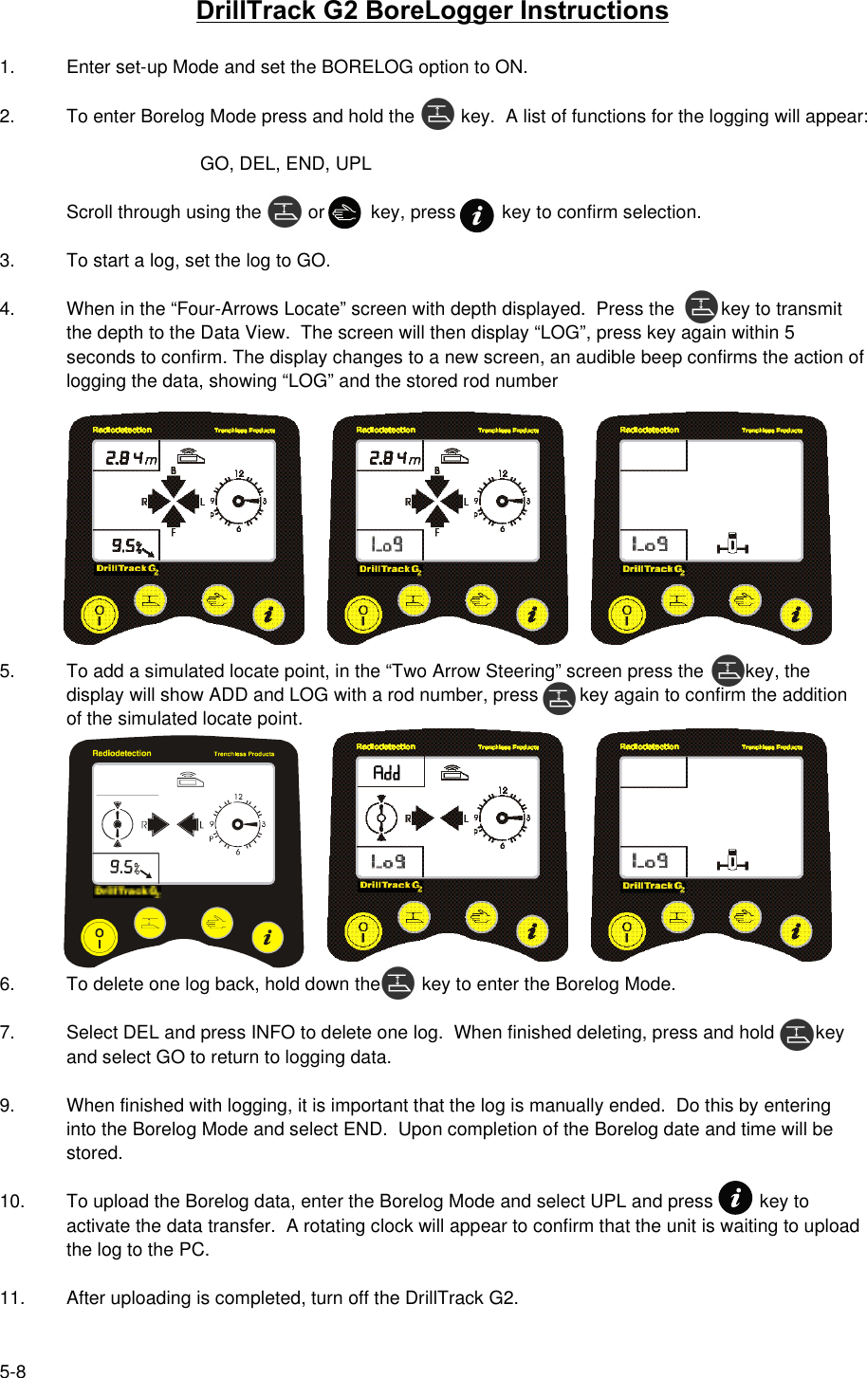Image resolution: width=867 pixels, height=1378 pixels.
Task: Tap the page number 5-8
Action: [x=13, y=1370]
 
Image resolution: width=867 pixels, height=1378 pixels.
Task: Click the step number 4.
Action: [x=7, y=309]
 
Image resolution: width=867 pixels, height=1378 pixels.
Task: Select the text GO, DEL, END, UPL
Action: [x=286, y=164]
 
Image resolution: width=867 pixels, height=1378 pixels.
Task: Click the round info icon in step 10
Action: [x=734, y=1198]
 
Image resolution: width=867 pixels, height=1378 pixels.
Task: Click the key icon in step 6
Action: [x=398, y=983]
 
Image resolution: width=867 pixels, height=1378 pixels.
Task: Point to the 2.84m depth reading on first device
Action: [x=130, y=458]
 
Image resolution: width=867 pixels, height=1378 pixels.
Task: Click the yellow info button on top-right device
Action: [x=795, y=614]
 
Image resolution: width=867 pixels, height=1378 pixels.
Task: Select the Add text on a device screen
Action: [x=387, y=773]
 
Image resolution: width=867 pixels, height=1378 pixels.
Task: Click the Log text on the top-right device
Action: [x=651, y=544]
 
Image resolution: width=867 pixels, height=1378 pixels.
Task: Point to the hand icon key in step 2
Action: [x=344, y=212]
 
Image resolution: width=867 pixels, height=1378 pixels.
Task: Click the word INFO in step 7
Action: [x=273, y=1033]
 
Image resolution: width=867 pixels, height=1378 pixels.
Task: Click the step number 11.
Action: [x=11, y=1298]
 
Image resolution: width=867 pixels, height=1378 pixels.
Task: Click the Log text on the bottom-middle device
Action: [x=387, y=861]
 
